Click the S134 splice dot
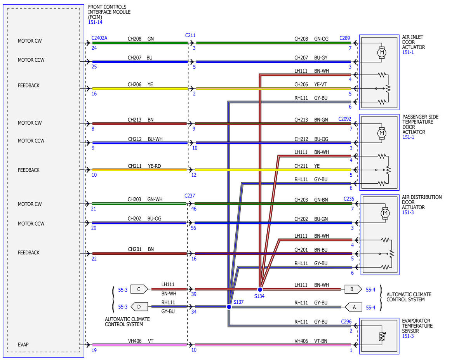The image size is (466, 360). (260, 290)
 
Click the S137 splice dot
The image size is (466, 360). (229, 307)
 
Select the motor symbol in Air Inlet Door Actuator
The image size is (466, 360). (382, 52)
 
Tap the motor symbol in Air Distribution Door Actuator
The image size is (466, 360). (385, 213)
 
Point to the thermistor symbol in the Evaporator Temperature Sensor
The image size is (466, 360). (382, 336)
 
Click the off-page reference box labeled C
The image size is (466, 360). (139, 289)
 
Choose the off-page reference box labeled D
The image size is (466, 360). (139, 307)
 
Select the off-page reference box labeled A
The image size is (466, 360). (353, 307)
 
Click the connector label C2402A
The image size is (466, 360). (99, 38)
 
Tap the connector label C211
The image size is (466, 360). (190, 35)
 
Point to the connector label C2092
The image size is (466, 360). (344, 119)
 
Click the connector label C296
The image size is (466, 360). (346, 322)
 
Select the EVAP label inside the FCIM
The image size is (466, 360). (23, 344)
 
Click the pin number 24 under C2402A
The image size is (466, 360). (94, 48)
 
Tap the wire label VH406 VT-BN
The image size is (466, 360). (311, 341)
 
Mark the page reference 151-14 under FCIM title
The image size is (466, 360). (95, 22)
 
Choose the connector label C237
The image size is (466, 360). (190, 196)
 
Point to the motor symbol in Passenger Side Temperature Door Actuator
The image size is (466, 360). (382, 133)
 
